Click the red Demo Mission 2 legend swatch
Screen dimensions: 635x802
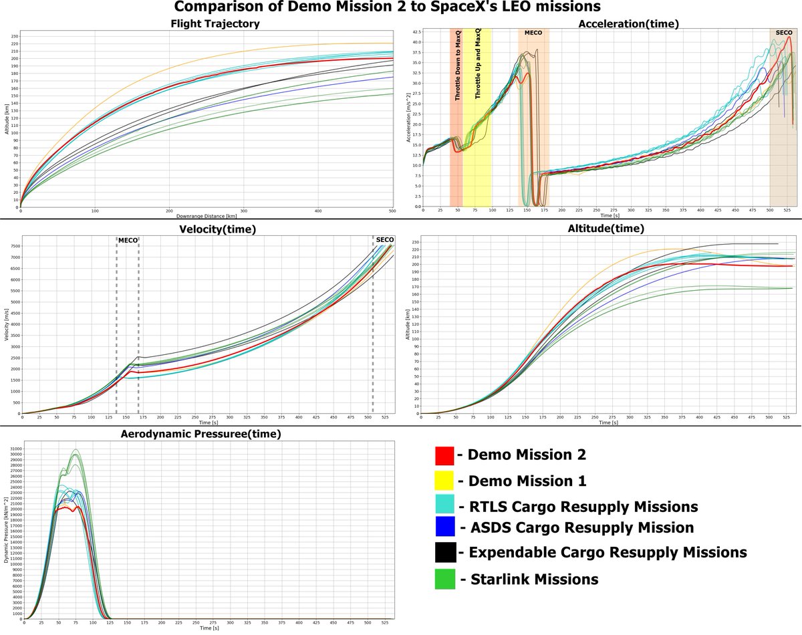click(x=444, y=456)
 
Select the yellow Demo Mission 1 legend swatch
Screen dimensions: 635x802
click(x=444, y=481)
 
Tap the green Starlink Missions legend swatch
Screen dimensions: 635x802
click(x=444, y=579)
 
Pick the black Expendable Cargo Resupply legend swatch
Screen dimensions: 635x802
click(x=444, y=553)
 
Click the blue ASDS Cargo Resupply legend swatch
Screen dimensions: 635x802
click(x=444, y=527)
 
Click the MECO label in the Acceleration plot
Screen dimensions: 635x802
click(x=533, y=32)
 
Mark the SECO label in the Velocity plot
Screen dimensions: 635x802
click(x=385, y=240)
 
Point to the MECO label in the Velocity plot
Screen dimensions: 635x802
click(x=127, y=240)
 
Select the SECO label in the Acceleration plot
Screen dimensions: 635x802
click(x=783, y=32)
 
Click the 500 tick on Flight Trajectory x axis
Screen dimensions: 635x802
click(x=391, y=212)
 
